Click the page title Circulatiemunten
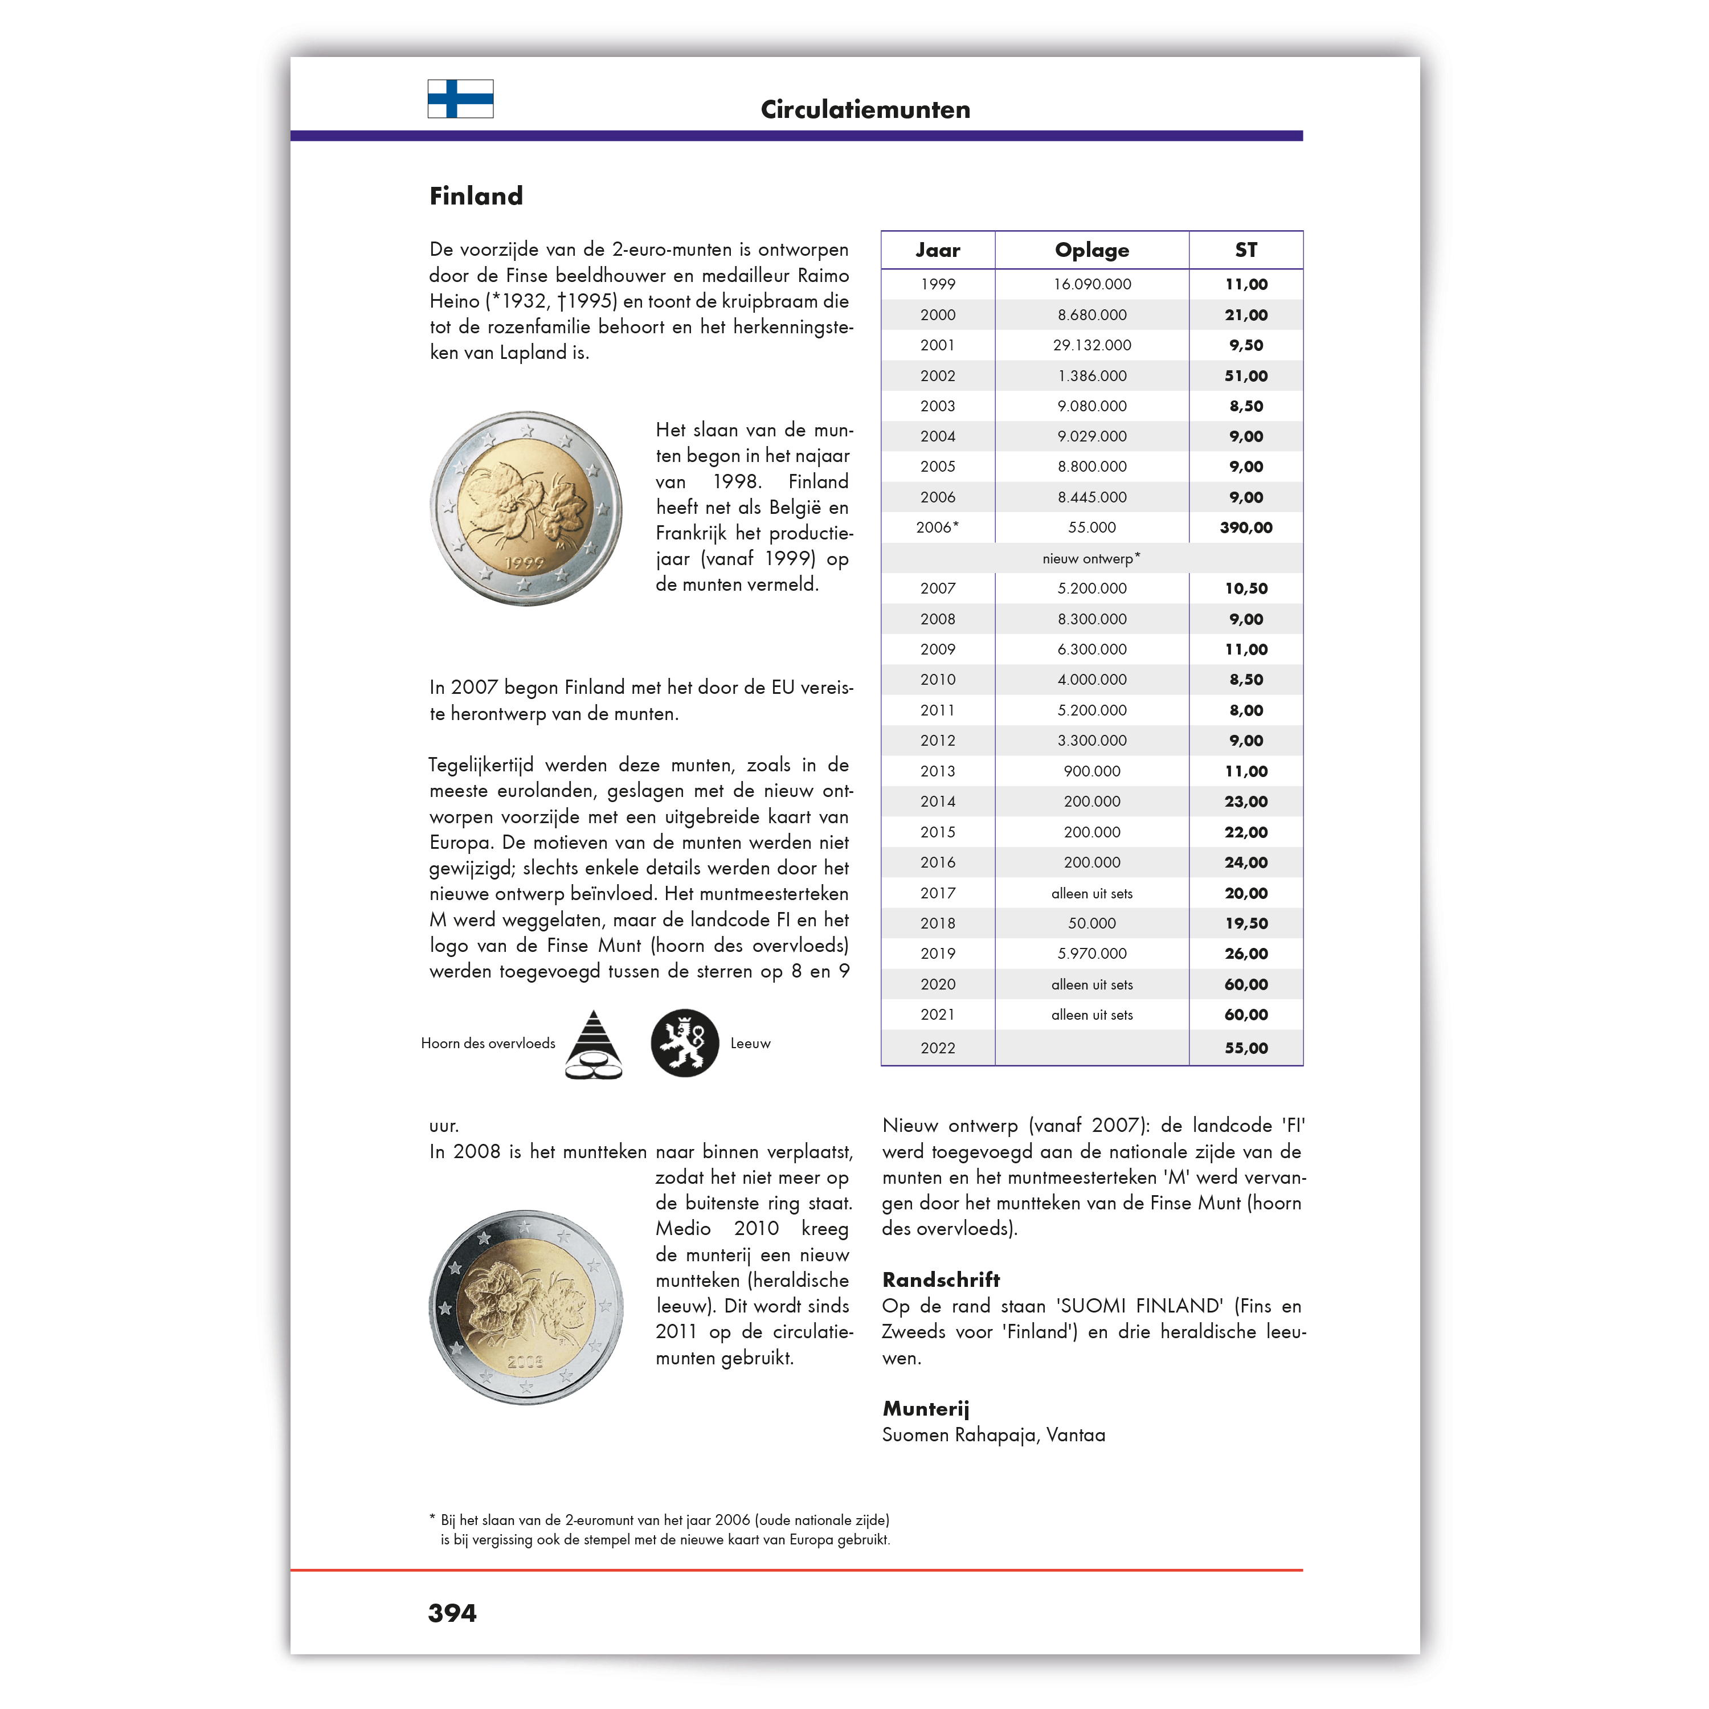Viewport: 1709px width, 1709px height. (x=865, y=110)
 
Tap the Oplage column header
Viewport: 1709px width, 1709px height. (x=1091, y=250)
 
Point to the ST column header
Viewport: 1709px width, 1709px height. (x=1245, y=250)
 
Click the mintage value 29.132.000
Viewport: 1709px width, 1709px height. (x=1091, y=345)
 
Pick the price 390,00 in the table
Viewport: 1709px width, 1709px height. (x=1245, y=527)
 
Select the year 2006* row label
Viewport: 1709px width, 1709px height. (x=937, y=527)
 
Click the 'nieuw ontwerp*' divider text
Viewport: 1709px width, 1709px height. (x=1091, y=558)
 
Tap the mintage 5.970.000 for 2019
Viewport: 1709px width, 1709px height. (x=1091, y=954)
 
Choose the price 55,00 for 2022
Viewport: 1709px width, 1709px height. (x=1245, y=1048)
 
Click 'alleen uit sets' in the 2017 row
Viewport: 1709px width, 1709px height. (x=1091, y=893)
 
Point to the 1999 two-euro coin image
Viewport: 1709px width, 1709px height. (x=526, y=509)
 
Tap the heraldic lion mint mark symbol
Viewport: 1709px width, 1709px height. (x=685, y=1043)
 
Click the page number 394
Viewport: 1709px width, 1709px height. (x=452, y=1613)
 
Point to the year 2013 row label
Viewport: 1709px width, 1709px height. (x=937, y=771)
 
